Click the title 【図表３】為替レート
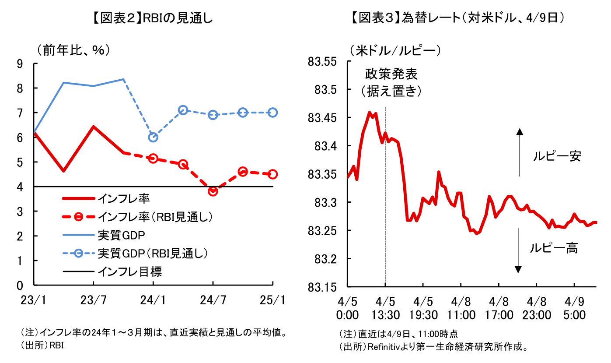457,18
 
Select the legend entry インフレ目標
129,271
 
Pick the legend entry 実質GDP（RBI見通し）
152,253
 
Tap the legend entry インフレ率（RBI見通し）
155,216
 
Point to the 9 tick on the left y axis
20,63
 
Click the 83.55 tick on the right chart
323,62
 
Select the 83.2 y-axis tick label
326,259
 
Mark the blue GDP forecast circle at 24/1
153,137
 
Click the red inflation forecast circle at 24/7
213,191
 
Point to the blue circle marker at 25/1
272,113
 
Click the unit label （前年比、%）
73,50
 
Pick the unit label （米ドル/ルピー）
395,50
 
